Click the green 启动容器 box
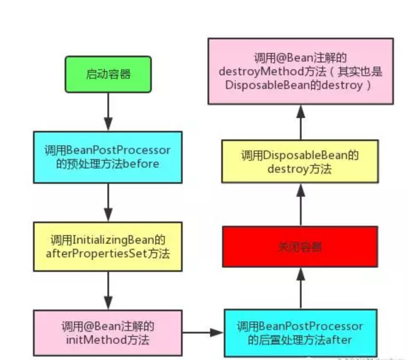pos(108,74)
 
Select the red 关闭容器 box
pos(299,247)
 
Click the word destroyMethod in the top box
pos(253,71)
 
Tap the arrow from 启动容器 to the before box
pos(108,112)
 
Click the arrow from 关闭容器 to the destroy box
pos(300,204)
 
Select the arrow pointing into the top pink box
pos(300,121)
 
